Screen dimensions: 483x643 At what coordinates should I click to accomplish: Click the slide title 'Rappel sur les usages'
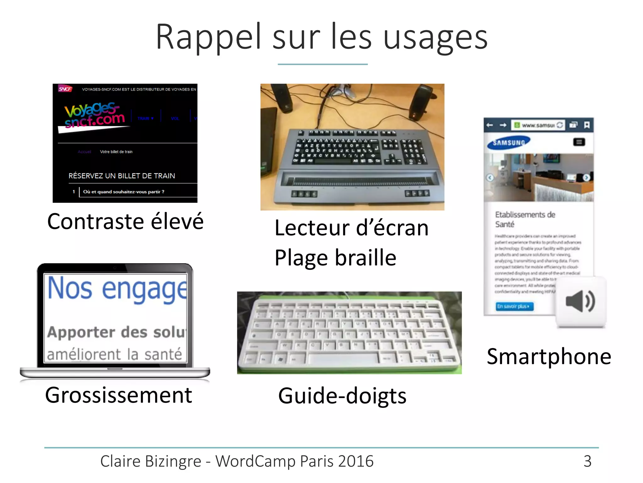[321, 37]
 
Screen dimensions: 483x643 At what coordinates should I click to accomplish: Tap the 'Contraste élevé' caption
[125, 221]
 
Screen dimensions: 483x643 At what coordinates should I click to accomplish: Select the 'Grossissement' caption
[118, 395]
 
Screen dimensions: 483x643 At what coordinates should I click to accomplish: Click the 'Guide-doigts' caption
[342, 396]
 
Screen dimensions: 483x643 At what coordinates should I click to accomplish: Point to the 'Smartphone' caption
[549, 357]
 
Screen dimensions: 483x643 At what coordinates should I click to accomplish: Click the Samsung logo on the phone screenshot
[509, 143]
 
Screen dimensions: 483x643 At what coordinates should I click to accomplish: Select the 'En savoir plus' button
[514, 306]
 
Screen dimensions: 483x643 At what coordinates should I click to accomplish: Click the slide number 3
[587, 461]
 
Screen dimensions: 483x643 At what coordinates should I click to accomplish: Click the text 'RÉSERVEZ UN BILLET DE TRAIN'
[122, 176]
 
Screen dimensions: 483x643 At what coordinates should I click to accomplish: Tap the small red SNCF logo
[65, 89]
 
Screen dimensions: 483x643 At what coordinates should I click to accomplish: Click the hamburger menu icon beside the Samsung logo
[579, 142]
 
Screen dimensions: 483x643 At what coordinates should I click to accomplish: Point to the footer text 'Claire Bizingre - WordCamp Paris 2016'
[237, 461]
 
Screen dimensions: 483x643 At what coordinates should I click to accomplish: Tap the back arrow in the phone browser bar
[489, 125]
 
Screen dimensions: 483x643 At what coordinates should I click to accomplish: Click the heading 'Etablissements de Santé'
[525, 219]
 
